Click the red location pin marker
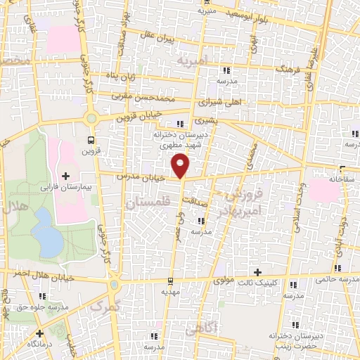(181, 164)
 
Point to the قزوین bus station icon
(90, 140)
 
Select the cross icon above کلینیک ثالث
(258, 272)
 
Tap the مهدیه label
(171, 290)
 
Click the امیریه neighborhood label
(193, 61)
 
